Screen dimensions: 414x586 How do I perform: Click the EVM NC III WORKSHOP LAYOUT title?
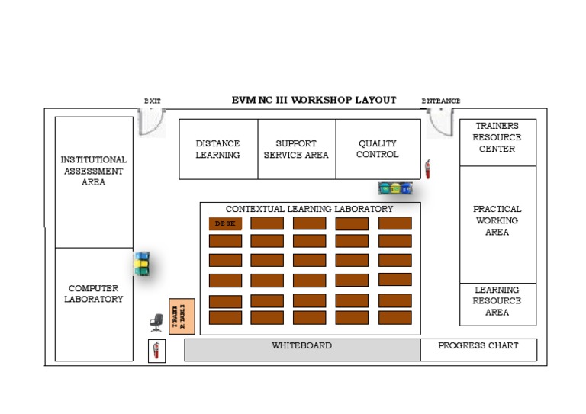314,100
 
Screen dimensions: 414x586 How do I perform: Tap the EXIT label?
153,101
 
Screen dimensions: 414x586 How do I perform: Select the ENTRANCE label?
441,101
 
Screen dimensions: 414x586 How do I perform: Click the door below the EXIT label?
152,122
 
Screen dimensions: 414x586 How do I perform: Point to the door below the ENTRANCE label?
440,122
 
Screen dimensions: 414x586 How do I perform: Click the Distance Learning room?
218,149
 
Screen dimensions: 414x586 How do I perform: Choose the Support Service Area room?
296,149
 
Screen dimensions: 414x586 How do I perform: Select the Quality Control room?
378,149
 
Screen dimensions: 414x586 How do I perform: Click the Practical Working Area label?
497,220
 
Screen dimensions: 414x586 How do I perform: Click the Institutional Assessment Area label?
94,171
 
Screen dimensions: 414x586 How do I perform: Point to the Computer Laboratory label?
94,294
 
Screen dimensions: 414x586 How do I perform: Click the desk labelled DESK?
225,223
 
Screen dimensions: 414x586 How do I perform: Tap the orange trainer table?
182,316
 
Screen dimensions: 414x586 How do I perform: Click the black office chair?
156,323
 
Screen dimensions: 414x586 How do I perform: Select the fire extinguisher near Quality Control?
427,168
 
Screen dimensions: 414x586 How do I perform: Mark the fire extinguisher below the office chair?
156,351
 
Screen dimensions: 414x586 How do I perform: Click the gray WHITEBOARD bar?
302,349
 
